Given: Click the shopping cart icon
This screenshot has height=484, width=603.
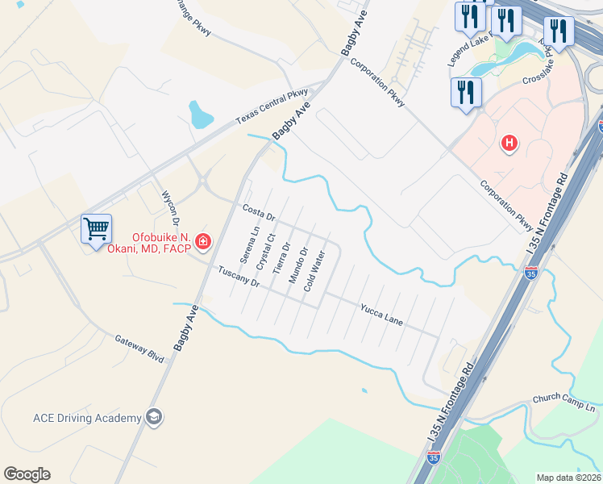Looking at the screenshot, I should click(96, 228).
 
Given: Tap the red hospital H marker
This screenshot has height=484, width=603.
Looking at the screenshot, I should click(509, 144).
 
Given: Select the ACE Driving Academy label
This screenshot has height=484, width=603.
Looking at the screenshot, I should click(85, 418).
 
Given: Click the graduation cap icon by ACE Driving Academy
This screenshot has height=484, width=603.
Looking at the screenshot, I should click(153, 417).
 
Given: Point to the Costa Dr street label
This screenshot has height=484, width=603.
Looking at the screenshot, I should click(260, 213).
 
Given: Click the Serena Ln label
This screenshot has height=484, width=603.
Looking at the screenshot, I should click(249, 245).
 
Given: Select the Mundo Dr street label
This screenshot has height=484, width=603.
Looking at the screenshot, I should click(298, 265).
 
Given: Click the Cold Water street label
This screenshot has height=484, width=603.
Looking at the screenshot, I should click(314, 271).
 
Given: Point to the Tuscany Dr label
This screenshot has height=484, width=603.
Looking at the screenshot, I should click(239, 277).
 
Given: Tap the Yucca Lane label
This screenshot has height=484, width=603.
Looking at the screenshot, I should click(381, 315).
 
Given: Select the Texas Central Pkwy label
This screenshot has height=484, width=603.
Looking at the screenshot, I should click(272, 106).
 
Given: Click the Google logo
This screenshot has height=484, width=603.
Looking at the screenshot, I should click(27, 474).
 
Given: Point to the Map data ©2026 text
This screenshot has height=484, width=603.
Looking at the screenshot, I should click(568, 478).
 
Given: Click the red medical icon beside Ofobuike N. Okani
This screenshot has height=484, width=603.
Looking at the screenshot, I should click(202, 241).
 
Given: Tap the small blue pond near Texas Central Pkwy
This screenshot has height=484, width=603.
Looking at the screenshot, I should click(199, 115).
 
